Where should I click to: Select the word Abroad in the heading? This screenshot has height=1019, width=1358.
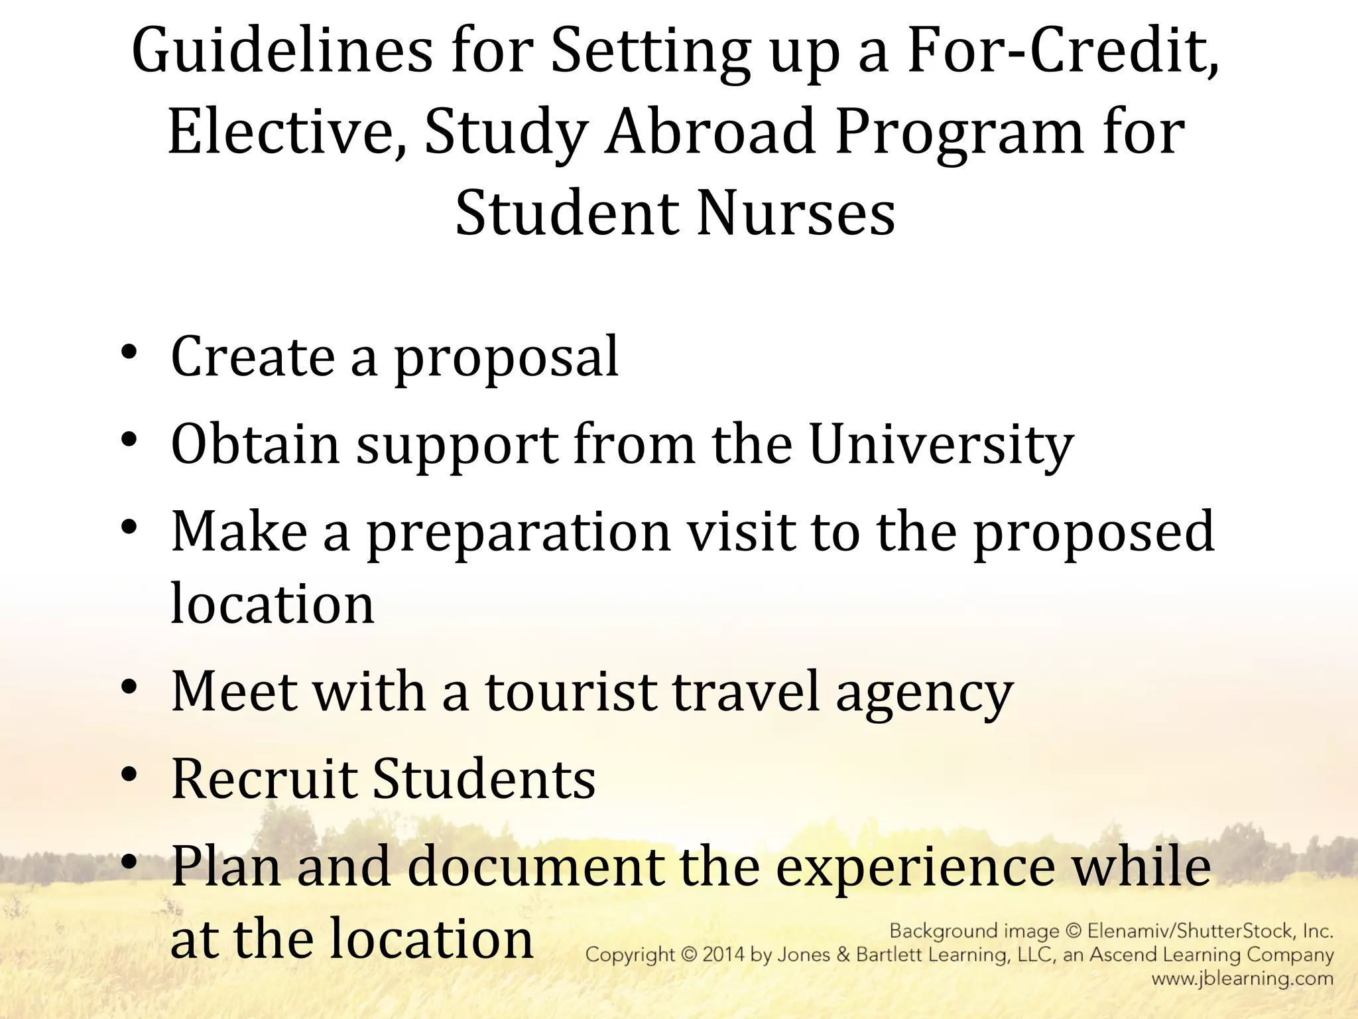pos(710,133)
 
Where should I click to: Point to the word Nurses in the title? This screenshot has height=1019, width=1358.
pos(796,214)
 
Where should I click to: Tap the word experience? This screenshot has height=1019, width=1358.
pos(915,868)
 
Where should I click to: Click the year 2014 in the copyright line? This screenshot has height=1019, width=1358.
pos(728,955)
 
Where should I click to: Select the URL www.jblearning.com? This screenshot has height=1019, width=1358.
pos(1242,979)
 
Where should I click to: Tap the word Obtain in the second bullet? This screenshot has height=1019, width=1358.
pos(256,444)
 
